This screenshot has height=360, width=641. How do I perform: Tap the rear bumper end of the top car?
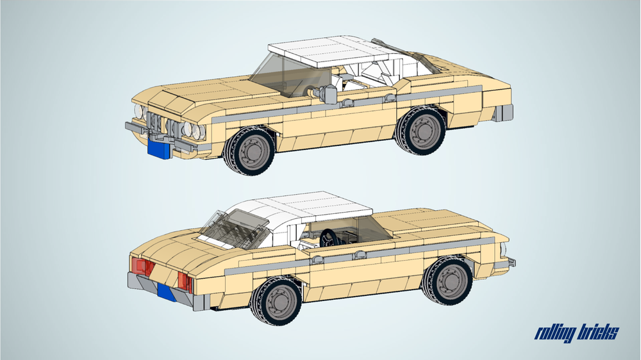point(503,113)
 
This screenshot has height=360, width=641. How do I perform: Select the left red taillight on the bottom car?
point(141,266)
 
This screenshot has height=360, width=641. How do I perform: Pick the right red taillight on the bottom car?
point(185,282)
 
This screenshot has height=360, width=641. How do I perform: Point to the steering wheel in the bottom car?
point(329,238)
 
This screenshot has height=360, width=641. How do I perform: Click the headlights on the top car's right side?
point(194,131)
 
